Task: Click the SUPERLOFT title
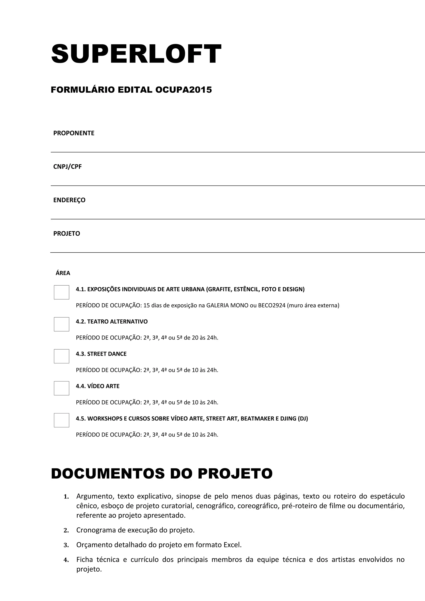pos(136,54)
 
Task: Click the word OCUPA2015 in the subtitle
pos(183,90)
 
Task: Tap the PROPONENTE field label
pos(74,133)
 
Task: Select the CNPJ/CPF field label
pos(67,167)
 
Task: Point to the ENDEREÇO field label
pos(69,200)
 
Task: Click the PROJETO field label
pos(67,233)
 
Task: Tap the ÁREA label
pos(63,273)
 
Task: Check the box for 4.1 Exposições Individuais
pos(61,292)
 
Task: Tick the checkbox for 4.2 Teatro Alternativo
pos(61,324)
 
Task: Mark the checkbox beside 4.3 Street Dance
pos(61,356)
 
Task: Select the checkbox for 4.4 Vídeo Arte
pos(61,388)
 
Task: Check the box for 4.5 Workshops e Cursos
pos(61,420)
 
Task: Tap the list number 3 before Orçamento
pos(66,545)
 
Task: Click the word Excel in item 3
pos(232,545)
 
